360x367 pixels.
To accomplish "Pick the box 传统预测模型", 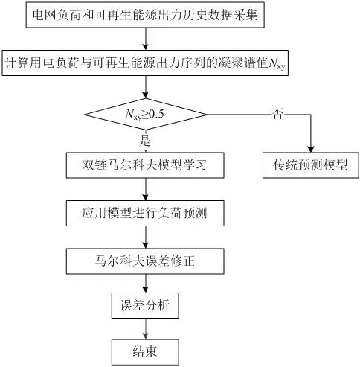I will point(305,165).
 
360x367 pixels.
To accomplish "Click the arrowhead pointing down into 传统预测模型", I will point(305,149).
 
